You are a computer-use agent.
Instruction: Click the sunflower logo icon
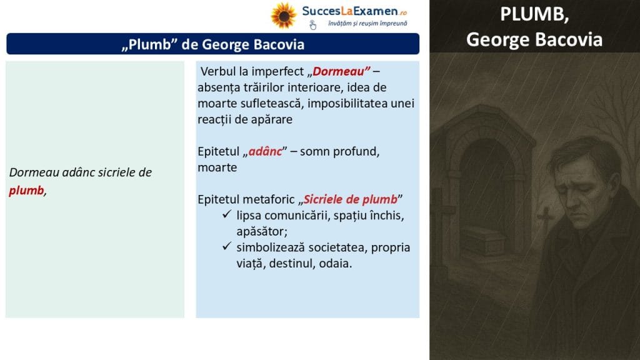(283, 16)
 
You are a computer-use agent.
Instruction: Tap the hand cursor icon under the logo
(312, 25)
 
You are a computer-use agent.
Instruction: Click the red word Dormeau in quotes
(338, 71)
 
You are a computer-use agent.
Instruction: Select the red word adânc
(265, 151)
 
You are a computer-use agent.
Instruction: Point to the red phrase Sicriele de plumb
(350, 199)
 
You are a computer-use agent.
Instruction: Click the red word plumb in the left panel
(26, 191)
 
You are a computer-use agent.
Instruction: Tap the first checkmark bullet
(227, 214)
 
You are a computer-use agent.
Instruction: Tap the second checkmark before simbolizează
(227, 246)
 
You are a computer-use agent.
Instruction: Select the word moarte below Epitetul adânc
(217, 167)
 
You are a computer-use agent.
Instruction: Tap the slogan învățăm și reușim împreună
(367, 23)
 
